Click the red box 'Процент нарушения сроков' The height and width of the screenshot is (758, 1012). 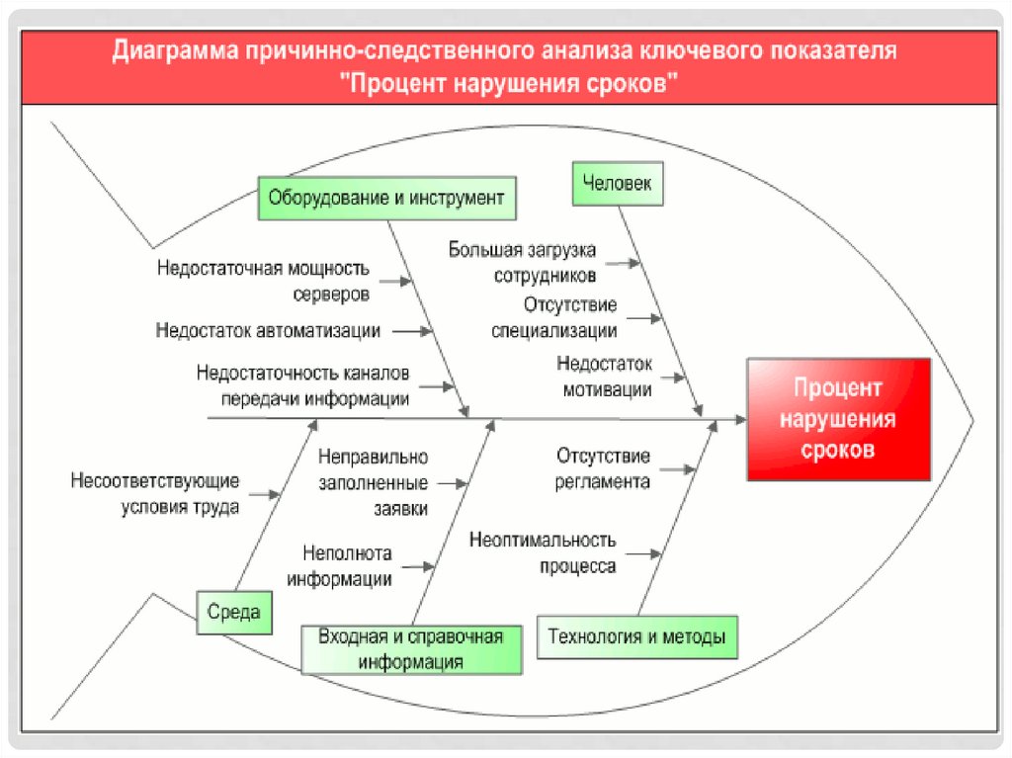[x=838, y=419]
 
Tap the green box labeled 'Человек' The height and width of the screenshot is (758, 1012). [x=618, y=183]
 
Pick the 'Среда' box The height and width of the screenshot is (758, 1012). [x=234, y=612]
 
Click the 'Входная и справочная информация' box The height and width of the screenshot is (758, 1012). [x=411, y=649]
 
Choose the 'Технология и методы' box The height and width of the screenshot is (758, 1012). [x=636, y=637]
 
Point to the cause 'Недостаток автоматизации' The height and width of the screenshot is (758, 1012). [x=268, y=330]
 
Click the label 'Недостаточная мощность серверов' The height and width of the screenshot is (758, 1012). [x=263, y=281]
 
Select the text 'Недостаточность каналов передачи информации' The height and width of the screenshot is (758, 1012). [x=302, y=386]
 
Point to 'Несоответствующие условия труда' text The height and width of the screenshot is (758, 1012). [x=155, y=494]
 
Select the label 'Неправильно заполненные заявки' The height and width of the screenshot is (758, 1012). [x=373, y=483]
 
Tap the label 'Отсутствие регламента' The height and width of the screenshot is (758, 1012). [x=603, y=468]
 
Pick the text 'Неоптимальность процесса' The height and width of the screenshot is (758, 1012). [x=557, y=553]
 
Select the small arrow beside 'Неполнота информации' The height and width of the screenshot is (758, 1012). [x=418, y=567]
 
